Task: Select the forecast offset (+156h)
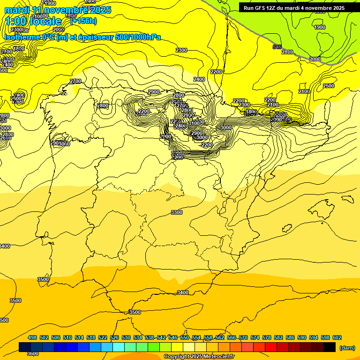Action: pyautogui.click(x=83, y=21)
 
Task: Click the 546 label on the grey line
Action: pyautogui.click(x=277, y=47)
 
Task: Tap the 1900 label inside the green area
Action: pyautogui.click(x=319, y=27)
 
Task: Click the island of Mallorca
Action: pyautogui.click(x=328, y=203)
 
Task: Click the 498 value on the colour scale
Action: pyautogui.click(x=32, y=337)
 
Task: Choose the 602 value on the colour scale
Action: pyautogui.click(x=337, y=337)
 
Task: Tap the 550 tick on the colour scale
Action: pyautogui.click(x=185, y=337)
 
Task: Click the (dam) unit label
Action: pyautogui.click(x=346, y=347)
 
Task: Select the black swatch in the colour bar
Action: pyautogui.click(x=330, y=347)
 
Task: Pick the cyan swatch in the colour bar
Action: pyautogui.click(x=119, y=347)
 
